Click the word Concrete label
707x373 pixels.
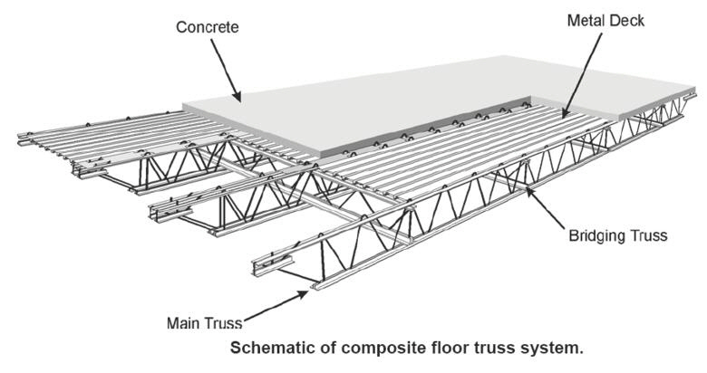point(208,27)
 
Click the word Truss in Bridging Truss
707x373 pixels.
point(647,235)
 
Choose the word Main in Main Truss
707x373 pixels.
point(188,323)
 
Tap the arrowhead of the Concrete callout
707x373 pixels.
point(237,97)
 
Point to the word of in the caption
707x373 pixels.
point(331,347)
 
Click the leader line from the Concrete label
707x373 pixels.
point(221,65)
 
